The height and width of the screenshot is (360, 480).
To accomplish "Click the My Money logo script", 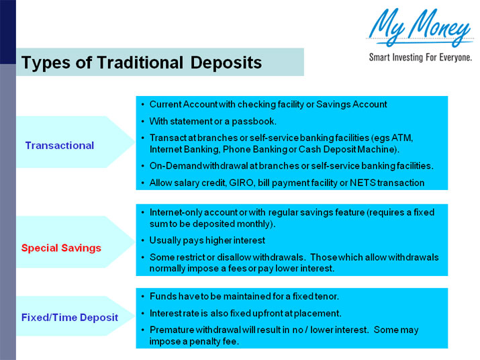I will point(419,27).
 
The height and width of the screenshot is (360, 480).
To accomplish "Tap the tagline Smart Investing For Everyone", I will point(420,58).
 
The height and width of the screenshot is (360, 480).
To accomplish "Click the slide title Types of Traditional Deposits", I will point(141,63).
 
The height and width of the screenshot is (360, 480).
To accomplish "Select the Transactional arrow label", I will point(60,145).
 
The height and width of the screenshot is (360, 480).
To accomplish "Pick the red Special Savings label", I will point(61,248).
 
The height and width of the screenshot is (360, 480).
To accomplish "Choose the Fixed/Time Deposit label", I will point(70,317).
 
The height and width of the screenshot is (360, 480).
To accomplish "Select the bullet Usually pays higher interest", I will point(207,240).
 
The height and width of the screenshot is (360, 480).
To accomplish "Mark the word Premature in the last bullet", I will point(173,330).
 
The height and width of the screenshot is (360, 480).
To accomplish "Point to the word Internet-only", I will point(176,212).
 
